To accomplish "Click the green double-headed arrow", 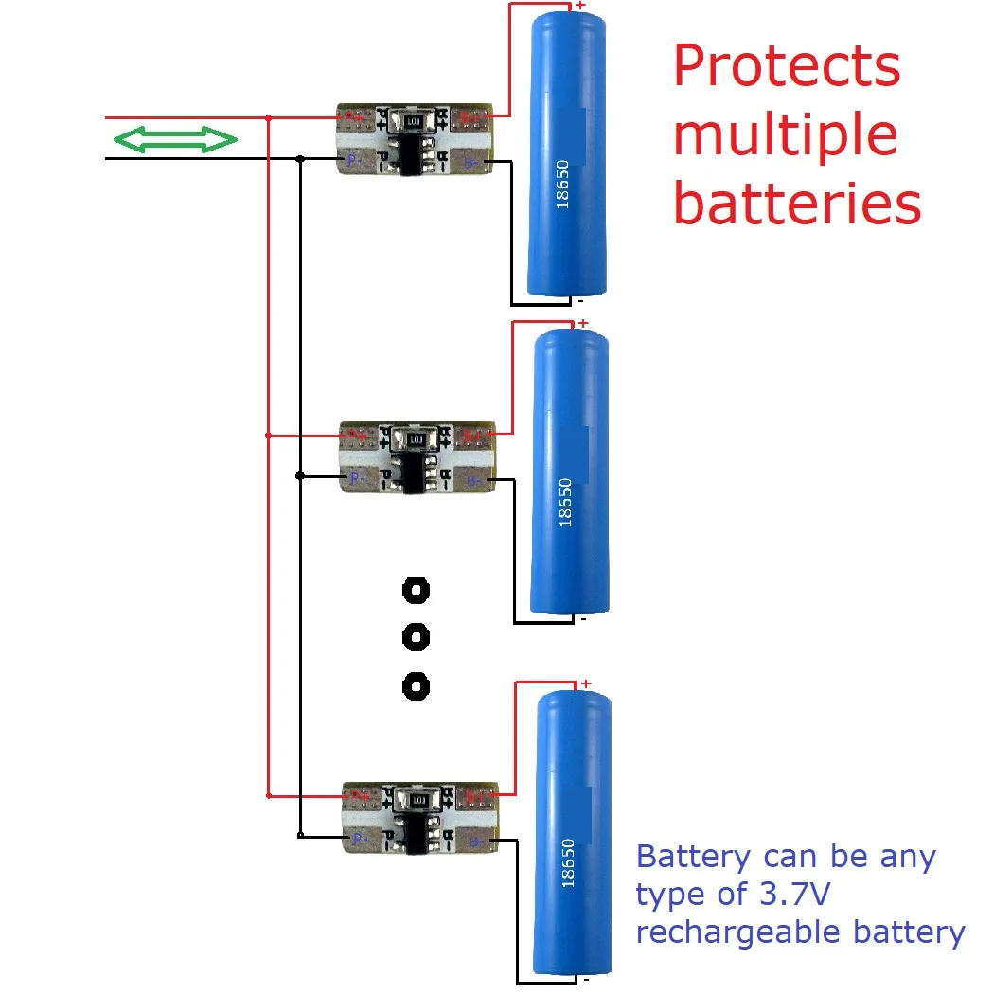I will click(x=175, y=140).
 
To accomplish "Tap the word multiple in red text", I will click(x=785, y=135).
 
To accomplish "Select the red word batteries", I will click(x=797, y=203).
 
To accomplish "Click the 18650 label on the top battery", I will click(x=564, y=186).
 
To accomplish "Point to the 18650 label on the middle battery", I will click(x=566, y=502).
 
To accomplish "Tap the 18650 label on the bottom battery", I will click(x=568, y=862).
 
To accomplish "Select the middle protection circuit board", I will click(x=417, y=458).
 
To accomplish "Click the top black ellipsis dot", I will click(x=416, y=592).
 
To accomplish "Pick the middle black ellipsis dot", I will click(x=416, y=638).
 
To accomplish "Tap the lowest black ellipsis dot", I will click(x=416, y=684).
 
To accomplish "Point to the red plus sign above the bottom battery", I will click(x=586, y=683).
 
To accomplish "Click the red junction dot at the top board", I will click(x=270, y=119).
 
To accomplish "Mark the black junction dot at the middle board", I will click(x=300, y=475).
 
